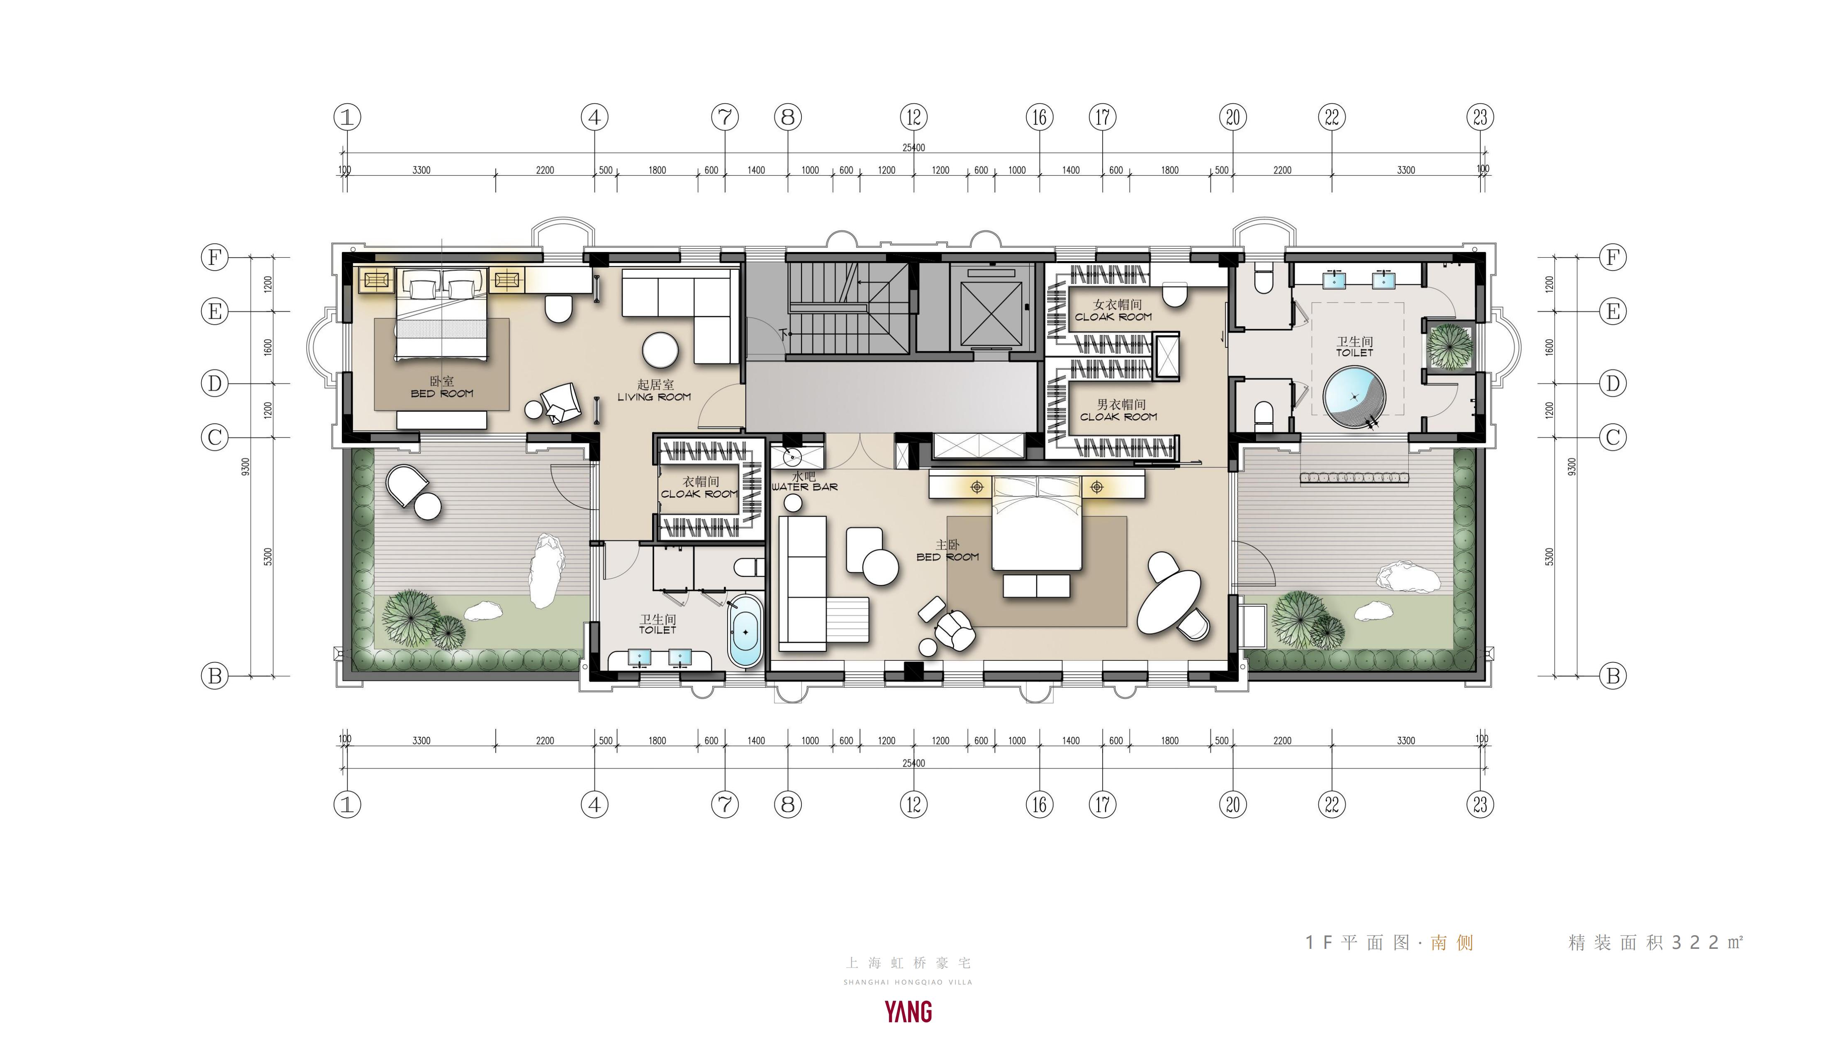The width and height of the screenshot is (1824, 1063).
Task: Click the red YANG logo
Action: (x=908, y=1012)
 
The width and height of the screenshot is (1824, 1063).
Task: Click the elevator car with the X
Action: (x=991, y=313)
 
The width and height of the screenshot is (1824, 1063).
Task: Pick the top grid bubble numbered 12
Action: (x=913, y=117)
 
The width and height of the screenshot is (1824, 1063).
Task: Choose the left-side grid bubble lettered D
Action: (x=214, y=383)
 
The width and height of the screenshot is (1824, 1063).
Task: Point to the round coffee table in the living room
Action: (x=660, y=350)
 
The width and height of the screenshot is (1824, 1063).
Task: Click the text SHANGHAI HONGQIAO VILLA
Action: (x=908, y=982)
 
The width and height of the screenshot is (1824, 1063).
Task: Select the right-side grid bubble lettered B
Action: (x=1613, y=676)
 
